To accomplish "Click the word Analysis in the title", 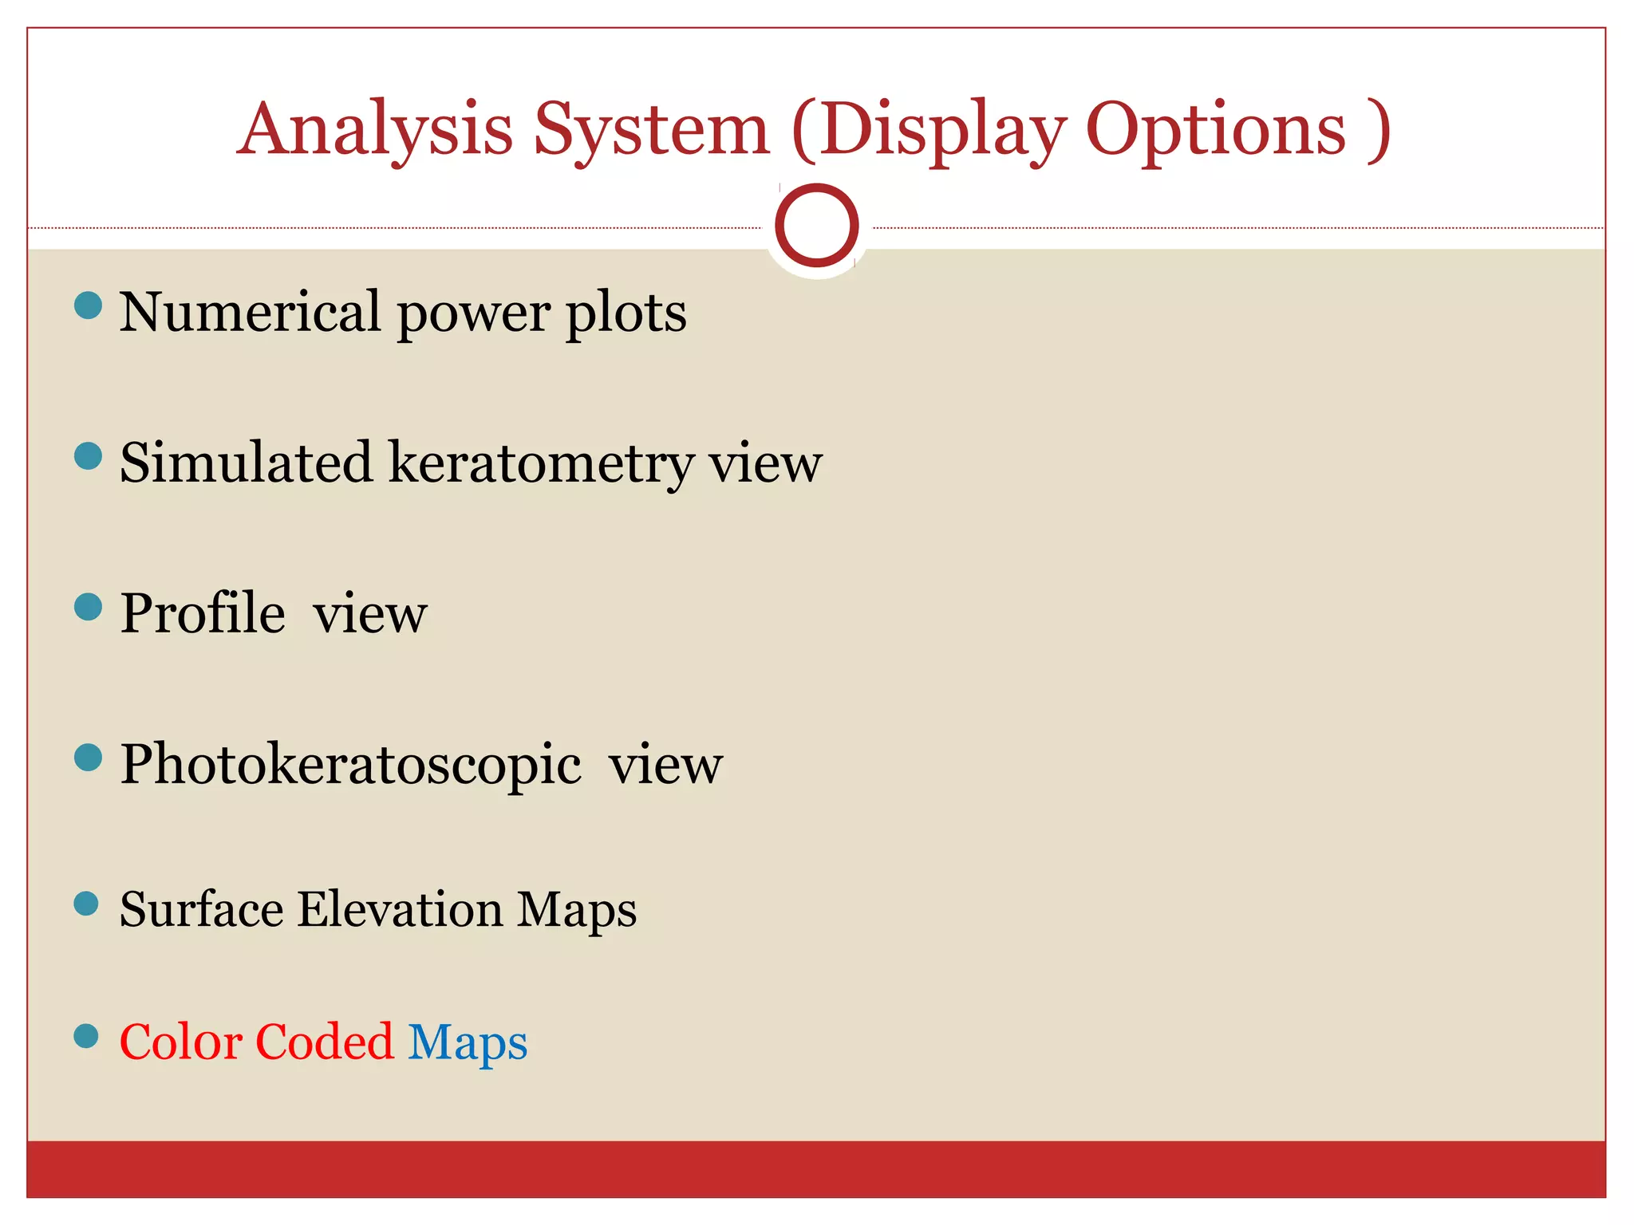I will tap(375, 130).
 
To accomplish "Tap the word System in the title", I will tap(651, 130).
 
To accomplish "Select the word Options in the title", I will tap(1216, 130).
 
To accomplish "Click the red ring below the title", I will tap(816, 225).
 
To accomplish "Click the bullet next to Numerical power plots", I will tap(88, 305).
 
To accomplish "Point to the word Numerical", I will tap(250, 312).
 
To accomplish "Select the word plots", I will tap(626, 313).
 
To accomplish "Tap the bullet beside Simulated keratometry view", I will tap(88, 456).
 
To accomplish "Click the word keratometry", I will tap(542, 463).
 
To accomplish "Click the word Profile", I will tap(203, 613).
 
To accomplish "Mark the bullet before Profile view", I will tap(88, 607).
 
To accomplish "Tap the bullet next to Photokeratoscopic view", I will tap(88, 758).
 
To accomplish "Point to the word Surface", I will tap(201, 909).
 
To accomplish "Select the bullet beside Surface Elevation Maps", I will tap(86, 904).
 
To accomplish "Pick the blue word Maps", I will tap(468, 1043).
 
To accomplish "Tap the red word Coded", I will tap(325, 1042).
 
